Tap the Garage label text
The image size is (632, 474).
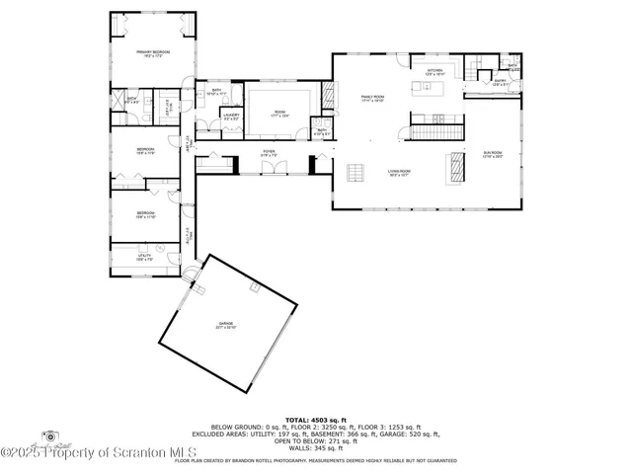(x=227, y=326)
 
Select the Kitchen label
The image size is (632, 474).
(x=435, y=72)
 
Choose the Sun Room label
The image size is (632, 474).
(x=492, y=154)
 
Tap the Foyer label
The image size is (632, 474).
(x=268, y=154)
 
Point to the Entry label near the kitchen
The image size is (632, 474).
(x=500, y=83)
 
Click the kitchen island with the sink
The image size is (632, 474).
(x=434, y=90)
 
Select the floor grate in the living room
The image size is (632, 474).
(x=353, y=174)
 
